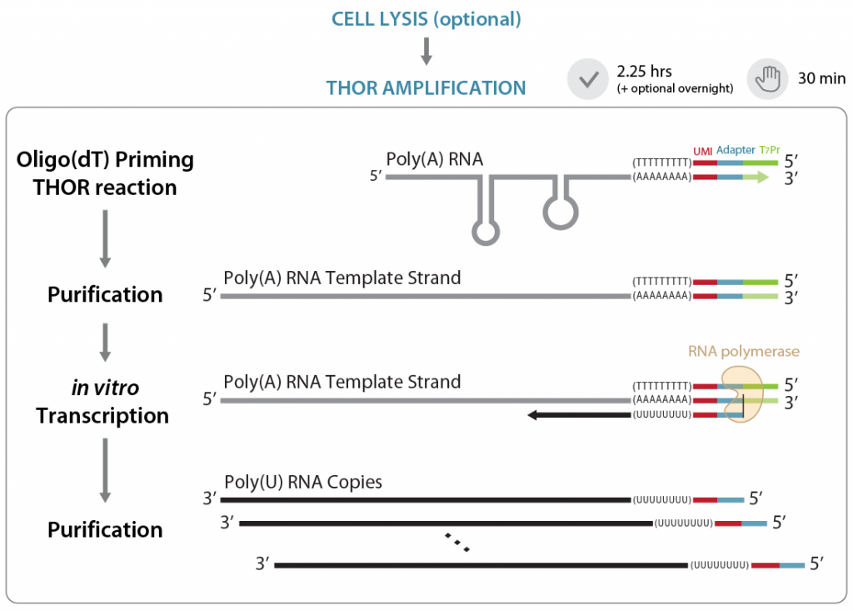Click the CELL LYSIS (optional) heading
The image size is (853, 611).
tap(426, 19)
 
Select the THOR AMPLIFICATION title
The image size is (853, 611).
tap(426, 88)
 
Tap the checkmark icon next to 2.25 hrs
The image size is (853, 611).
tap(588, 80)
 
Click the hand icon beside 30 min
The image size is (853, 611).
tap(766, 80)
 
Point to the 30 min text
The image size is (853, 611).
tap(821, 80)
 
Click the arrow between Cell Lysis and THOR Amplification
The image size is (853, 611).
tap(426, 52)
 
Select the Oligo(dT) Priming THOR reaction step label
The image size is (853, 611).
tap(105, 173)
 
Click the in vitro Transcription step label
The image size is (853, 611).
tap(102, 402)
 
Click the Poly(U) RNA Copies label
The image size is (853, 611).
tap(302, 483)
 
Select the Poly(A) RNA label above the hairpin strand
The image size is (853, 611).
tap(434, 159)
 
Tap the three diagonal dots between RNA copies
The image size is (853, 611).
tap(457, 542)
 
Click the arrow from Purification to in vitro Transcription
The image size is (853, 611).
tap(105, 340)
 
